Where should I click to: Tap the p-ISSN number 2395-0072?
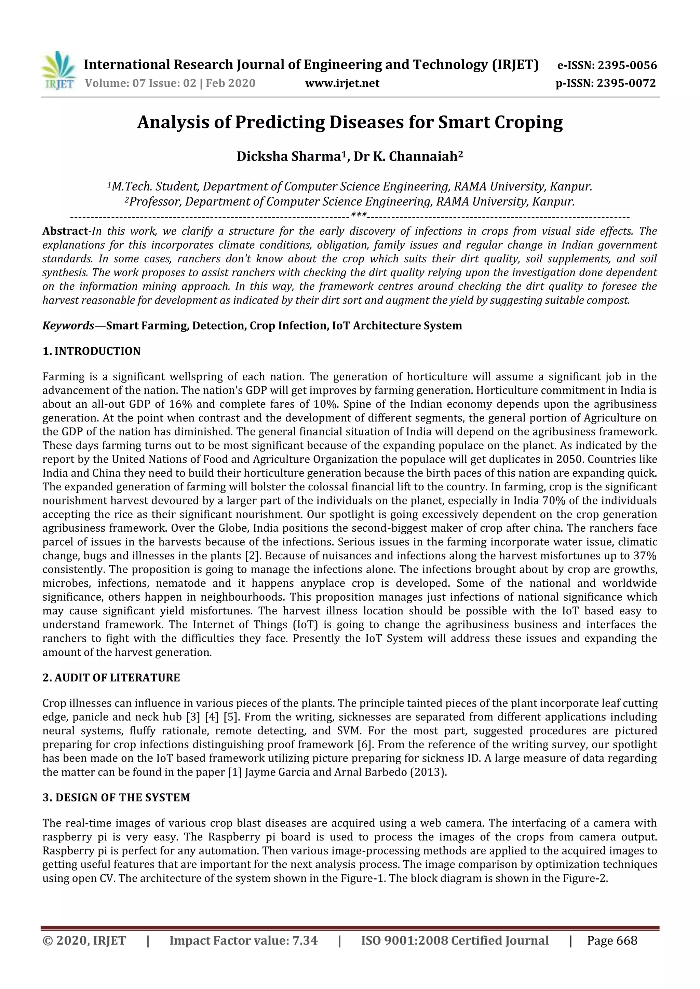pos(626,83)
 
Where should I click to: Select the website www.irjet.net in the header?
pos(342,83)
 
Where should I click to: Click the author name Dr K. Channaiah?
pos(406,156)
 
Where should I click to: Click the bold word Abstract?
pos(65,231)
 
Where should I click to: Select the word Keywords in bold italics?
pos(68,326)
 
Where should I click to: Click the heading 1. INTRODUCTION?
pos(91,351)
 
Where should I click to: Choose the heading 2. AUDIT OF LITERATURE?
pos(111,678)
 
